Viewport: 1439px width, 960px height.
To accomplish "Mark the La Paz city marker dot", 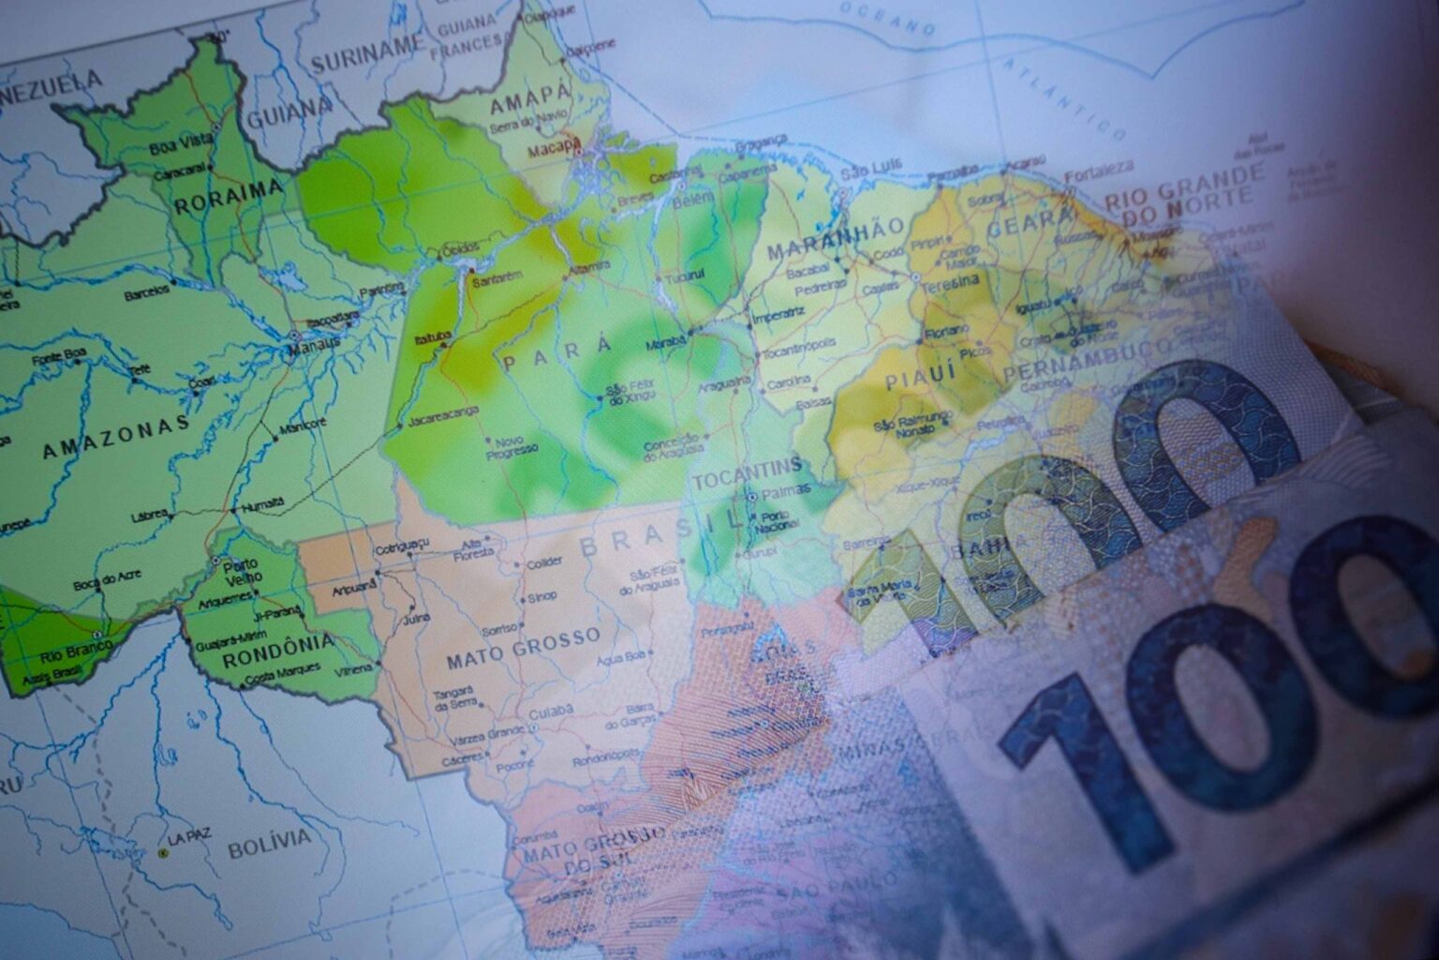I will pyautogui.click(x=163, y=853).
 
